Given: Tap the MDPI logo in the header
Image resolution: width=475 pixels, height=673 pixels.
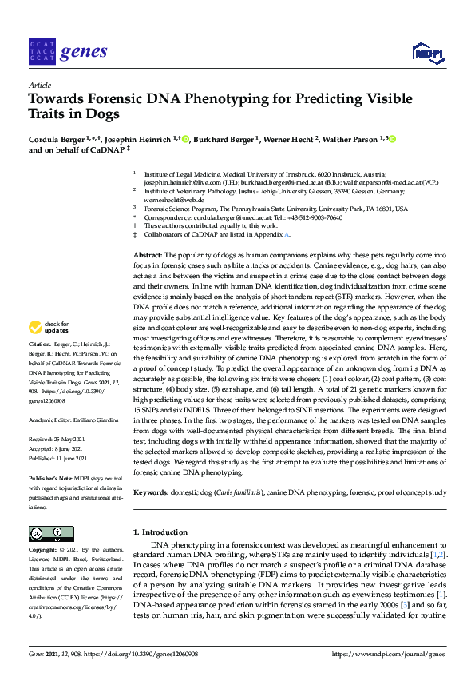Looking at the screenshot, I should [428, 54].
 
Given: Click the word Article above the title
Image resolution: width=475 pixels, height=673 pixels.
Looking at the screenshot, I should [39, 84].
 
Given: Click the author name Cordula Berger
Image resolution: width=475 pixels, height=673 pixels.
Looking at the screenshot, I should [56, 139].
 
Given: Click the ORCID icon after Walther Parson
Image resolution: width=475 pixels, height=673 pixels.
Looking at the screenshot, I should [392, 139].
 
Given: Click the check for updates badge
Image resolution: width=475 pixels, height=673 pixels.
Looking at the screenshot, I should [46, 349].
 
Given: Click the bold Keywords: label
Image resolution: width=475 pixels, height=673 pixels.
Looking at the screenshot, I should [152, 494].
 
